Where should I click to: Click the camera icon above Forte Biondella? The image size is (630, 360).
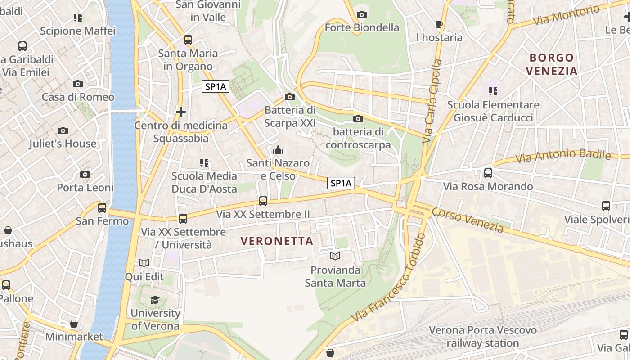(361, 15)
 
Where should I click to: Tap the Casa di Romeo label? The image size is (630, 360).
(78, 97)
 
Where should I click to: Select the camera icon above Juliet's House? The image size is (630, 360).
(63, 130)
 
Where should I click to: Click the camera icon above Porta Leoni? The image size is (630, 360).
(85, 174)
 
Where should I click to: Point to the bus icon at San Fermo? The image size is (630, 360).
(102, 207)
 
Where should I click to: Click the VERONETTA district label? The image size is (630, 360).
(277, 241)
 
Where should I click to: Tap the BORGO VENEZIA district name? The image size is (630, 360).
(552, 64)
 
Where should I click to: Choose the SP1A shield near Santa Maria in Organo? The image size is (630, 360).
(216, 87)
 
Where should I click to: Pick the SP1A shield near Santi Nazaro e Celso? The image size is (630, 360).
(341, 183)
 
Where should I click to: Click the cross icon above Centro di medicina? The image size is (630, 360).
(181, 112)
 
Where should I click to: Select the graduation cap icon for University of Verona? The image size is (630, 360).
(155, 300)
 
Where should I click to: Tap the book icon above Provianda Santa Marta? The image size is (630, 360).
(335, 256)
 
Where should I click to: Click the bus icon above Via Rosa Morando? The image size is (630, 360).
(488, 173)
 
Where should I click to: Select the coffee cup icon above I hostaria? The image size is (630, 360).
(439, 24)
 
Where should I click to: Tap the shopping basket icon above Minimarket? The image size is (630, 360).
(74, 324)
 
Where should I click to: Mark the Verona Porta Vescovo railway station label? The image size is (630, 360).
(482, 337)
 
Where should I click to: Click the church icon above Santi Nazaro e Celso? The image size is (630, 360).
(278, 149)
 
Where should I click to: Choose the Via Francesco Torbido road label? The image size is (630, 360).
(389, 279)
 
